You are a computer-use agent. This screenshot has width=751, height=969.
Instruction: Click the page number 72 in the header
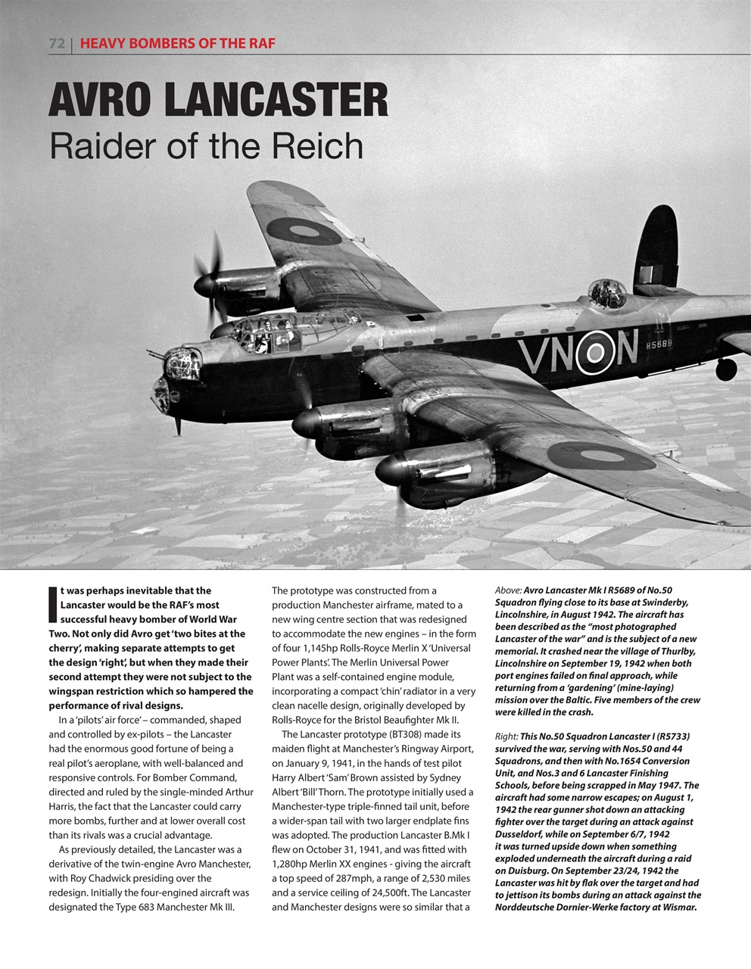pos(56,43)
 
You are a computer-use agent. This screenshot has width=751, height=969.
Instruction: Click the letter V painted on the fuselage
pos(535,356)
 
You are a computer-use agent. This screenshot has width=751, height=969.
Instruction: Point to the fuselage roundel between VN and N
pos(596,352)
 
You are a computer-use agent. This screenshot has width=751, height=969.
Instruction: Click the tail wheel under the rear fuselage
pos(725,369)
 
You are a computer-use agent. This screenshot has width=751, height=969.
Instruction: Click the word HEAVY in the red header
pos(101,43)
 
